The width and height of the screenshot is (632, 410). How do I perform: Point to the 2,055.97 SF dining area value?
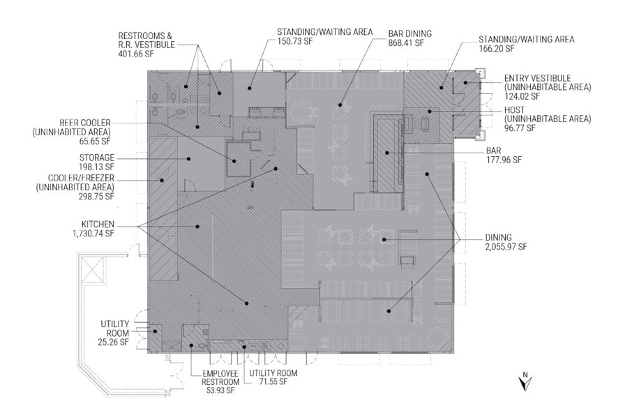(500, 247)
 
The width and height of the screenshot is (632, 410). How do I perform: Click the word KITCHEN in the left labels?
(97, 224)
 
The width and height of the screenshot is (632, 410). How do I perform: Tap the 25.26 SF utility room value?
(114, 342)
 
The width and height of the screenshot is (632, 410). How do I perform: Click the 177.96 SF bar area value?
(504, 160)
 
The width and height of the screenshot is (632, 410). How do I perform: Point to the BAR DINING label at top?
(409, 33)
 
